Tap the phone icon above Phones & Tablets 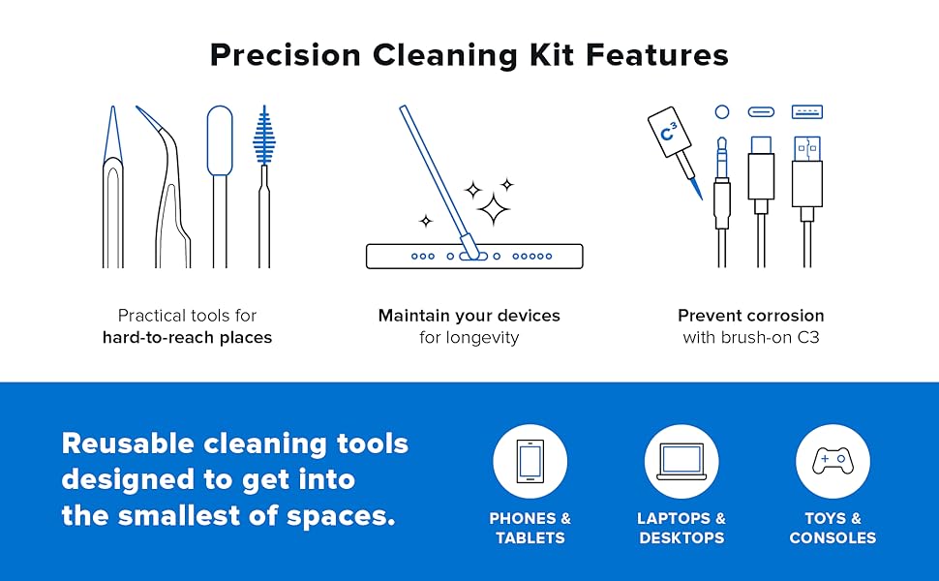[x=530, y=462]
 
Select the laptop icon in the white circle [x=682, y=462]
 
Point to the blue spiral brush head [x=263, y=136]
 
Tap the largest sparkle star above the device [x=494, y=207]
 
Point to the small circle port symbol [x=722, y=111]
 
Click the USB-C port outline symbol [x=761, y=111]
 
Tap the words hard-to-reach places [x=187, y=338]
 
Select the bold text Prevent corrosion [x=751, y=316]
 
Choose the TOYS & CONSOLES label [x=833, y=528]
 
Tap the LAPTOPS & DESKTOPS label [x=682, y=528]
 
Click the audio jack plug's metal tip [x=722, y=150]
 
